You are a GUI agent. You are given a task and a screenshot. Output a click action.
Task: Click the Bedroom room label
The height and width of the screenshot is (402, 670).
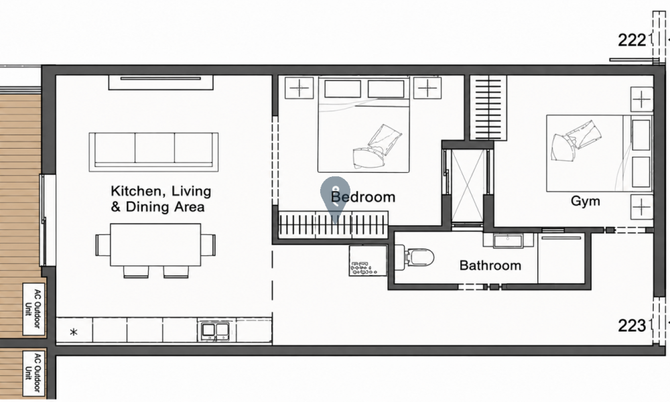362,197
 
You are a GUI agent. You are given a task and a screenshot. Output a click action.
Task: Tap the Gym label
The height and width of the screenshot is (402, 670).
585,201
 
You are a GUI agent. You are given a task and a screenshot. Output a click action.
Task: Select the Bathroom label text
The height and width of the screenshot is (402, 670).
490,265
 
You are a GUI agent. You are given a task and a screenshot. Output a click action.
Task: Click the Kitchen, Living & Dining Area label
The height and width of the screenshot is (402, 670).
161,198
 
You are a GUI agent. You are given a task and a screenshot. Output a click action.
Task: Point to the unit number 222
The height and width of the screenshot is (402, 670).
632,40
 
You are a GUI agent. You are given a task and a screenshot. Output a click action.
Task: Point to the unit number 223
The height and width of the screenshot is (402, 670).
632,326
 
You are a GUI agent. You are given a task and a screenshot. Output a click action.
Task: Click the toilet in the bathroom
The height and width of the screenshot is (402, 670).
414,257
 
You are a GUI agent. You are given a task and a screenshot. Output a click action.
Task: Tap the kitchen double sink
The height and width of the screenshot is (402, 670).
215,331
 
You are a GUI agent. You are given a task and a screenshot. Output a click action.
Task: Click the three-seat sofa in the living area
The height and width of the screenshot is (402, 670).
153,152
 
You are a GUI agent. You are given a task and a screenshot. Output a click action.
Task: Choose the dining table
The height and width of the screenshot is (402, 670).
155,245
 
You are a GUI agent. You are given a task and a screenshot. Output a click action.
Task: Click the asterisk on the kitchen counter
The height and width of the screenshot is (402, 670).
74,332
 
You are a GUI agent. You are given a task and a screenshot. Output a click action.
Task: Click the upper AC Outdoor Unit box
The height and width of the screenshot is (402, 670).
33,309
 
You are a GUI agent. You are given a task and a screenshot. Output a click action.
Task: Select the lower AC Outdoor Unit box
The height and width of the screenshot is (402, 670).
33,373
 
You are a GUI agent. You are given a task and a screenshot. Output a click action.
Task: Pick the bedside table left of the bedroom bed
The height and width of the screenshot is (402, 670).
299,88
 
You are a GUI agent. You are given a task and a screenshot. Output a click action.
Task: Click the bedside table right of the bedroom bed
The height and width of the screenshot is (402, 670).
427,88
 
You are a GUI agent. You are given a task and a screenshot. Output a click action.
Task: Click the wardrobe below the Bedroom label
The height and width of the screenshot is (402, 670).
333,224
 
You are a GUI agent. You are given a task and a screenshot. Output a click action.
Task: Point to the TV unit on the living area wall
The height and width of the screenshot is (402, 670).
161,82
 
